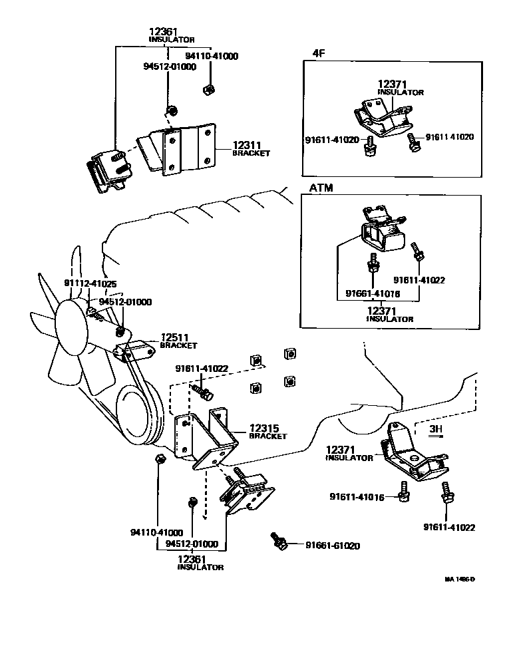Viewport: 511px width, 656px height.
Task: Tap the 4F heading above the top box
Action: coord(319,53)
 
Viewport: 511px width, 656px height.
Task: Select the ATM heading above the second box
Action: coord(321,188)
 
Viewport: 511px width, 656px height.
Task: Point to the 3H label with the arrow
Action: coord(435,430)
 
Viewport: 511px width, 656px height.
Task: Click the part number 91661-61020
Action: coord(333,546)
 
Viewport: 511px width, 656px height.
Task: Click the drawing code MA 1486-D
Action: coord(459,579)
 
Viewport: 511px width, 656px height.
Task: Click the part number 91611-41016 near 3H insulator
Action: coord(357,497)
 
